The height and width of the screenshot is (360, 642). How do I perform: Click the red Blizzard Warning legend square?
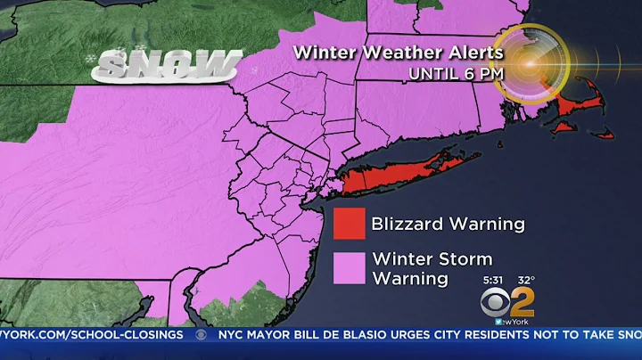coord(350,225)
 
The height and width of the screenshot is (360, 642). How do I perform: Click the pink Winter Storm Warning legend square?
coord(350,268)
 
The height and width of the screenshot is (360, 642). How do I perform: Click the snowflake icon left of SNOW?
coord(91,59)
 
